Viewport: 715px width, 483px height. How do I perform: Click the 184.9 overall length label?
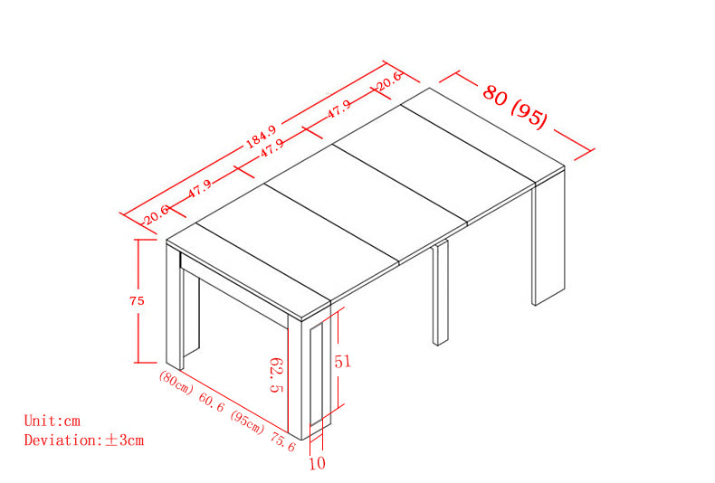[262, 137]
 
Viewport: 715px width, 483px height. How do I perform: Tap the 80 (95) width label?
[515, 107]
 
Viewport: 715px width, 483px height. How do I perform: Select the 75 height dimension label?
[137, 300]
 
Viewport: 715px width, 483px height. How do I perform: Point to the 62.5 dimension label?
[276, 375]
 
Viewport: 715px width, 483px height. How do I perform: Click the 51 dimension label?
[343, 361]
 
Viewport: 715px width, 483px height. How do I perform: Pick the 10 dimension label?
[318, 463]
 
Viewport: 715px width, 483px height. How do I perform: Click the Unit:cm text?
[52, 421]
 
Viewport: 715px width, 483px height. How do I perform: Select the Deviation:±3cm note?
[84, 440]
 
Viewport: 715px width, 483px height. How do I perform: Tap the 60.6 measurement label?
[212, 402]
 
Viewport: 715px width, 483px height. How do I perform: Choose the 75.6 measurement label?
[283, 441]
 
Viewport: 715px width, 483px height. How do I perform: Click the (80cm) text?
[176, 383]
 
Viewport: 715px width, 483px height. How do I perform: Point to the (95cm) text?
[247, 422]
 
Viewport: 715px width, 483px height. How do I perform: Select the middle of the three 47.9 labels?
[272, 148]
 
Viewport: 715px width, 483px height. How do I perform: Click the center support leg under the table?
[441, 292]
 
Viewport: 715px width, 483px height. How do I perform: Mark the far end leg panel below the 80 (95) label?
[548, 237]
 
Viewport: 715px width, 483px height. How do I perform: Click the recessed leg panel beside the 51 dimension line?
[317, 374]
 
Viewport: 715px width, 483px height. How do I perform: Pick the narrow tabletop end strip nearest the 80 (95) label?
[483, 136]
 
